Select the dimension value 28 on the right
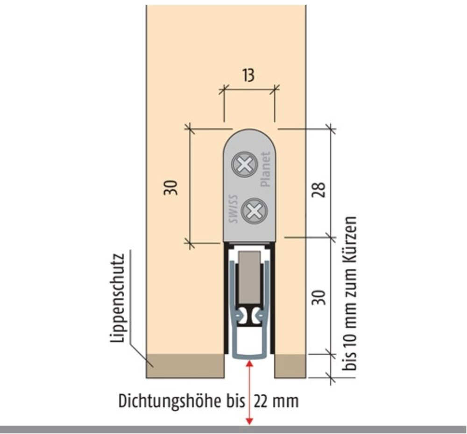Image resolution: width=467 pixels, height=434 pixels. click(x=318, y=189)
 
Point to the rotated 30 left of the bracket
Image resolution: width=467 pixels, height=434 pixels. click(x=170, y=188)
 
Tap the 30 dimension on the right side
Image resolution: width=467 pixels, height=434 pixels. click(x=318, y=297)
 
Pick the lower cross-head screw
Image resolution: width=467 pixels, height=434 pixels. click(x=254, y=211)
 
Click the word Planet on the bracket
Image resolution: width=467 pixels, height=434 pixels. click(x=266, y=169)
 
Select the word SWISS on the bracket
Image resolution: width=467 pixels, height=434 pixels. click(x=233, y=209)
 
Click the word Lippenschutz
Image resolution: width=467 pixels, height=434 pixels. click(x=118, y=298)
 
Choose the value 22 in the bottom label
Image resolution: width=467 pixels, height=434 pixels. click(x=261, y=401)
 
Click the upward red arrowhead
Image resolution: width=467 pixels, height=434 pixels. click(x=249, y=363)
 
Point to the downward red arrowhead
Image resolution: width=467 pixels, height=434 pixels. click(x=249, y=421)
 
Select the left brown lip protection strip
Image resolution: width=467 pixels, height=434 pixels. click(x=185, y=366)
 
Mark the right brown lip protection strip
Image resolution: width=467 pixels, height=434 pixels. click(x=290, y=366)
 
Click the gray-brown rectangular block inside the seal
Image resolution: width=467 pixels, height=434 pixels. click(x=249, y=277)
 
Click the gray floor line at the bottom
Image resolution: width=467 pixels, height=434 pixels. click(x=233, y=429)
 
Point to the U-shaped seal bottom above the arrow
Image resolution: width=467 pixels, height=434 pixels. click(x=249, y=357)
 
